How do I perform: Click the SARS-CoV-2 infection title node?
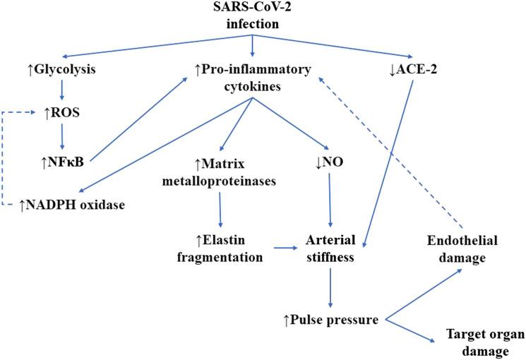pyautogui.click(x=252, y=16)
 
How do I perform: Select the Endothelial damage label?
pyautogui.click(x=462, y=248)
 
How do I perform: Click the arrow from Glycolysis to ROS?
pyautogui.click(x=61, y=90)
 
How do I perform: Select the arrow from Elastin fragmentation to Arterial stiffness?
pyautogui.click(x=285, y=248)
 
